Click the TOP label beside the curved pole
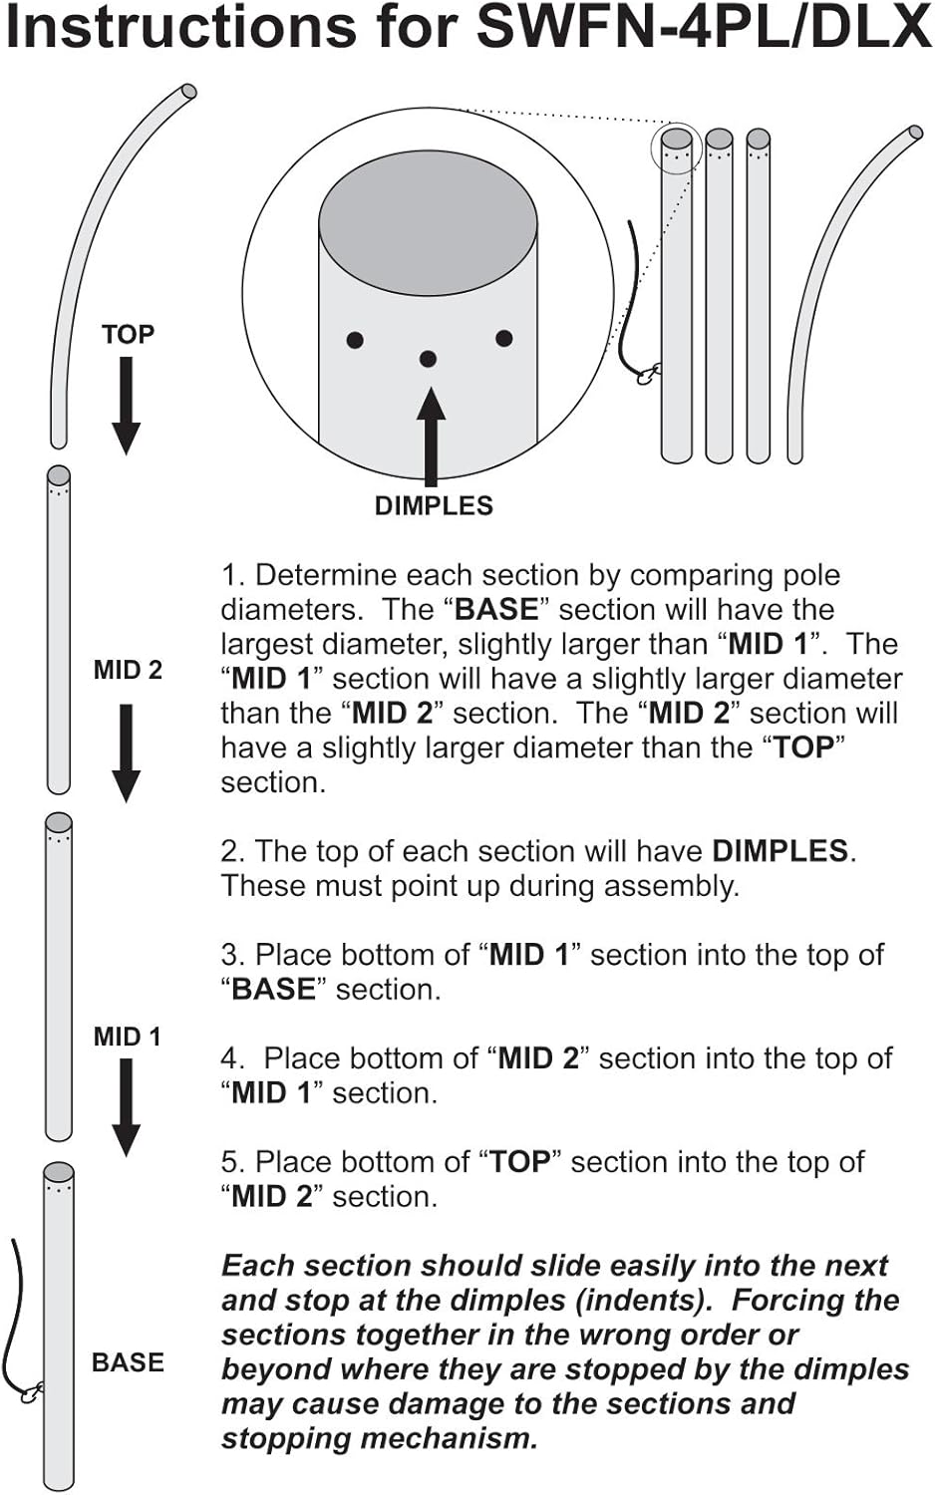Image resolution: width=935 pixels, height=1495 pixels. click(x=128, y=334)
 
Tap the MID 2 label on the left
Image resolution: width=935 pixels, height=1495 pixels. click(x=128, y=670)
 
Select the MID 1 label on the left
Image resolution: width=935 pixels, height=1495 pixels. click(x=127, y=1037)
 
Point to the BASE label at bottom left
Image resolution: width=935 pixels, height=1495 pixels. click(x=128, y=1362)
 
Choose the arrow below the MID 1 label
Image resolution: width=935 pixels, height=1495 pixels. click(x=126, y=1105)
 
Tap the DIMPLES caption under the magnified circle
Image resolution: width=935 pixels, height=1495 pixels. click(x=434, y=505)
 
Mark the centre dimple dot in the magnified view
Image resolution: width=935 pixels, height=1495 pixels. click(x=428, y=359)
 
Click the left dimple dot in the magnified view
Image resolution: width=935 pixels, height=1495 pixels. click(x=355, y=340)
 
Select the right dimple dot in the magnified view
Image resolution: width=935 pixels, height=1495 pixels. click(x=504, y=339)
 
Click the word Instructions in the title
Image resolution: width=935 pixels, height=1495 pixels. click(x=179, y=28)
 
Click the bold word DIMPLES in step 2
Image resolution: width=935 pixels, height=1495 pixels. click(x=779, y=851)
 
